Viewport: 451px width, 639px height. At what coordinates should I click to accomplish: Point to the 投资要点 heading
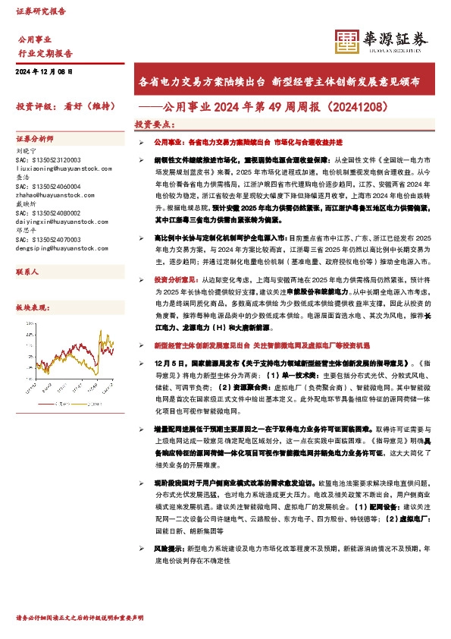pos(155,124)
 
